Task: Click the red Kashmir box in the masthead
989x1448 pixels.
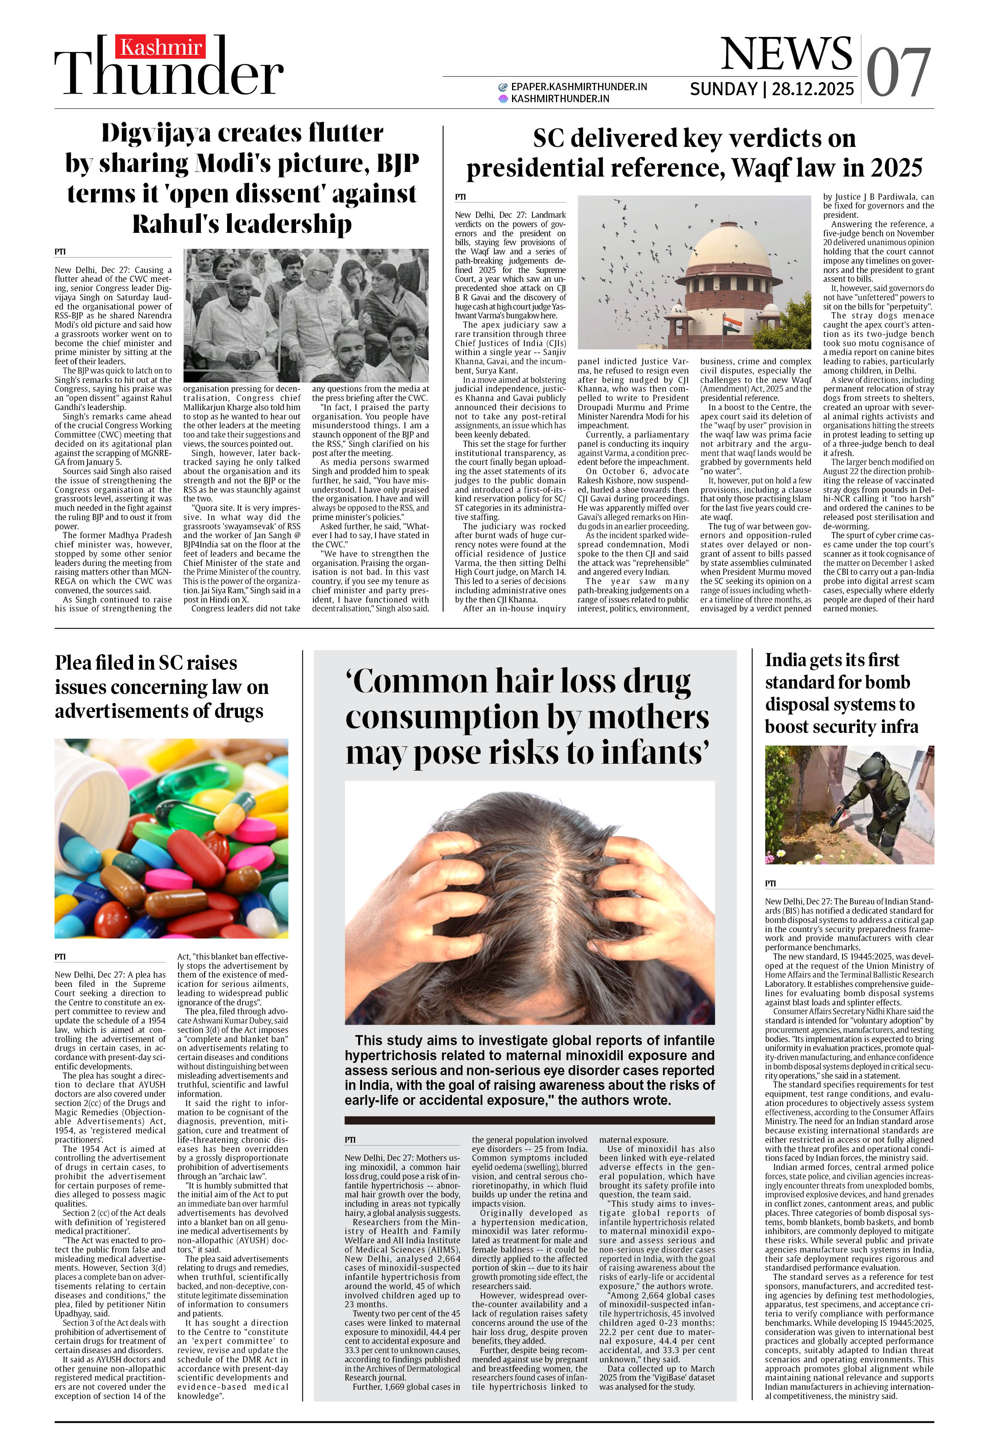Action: pos(160,47)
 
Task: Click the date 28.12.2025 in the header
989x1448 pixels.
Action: pos(813,89)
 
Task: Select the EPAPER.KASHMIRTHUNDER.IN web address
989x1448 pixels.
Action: pos(578,87)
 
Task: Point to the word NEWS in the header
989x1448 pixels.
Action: pos(787,54)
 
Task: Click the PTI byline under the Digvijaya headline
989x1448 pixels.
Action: pos(60,252)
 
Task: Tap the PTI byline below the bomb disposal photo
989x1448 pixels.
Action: pos(770,883)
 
